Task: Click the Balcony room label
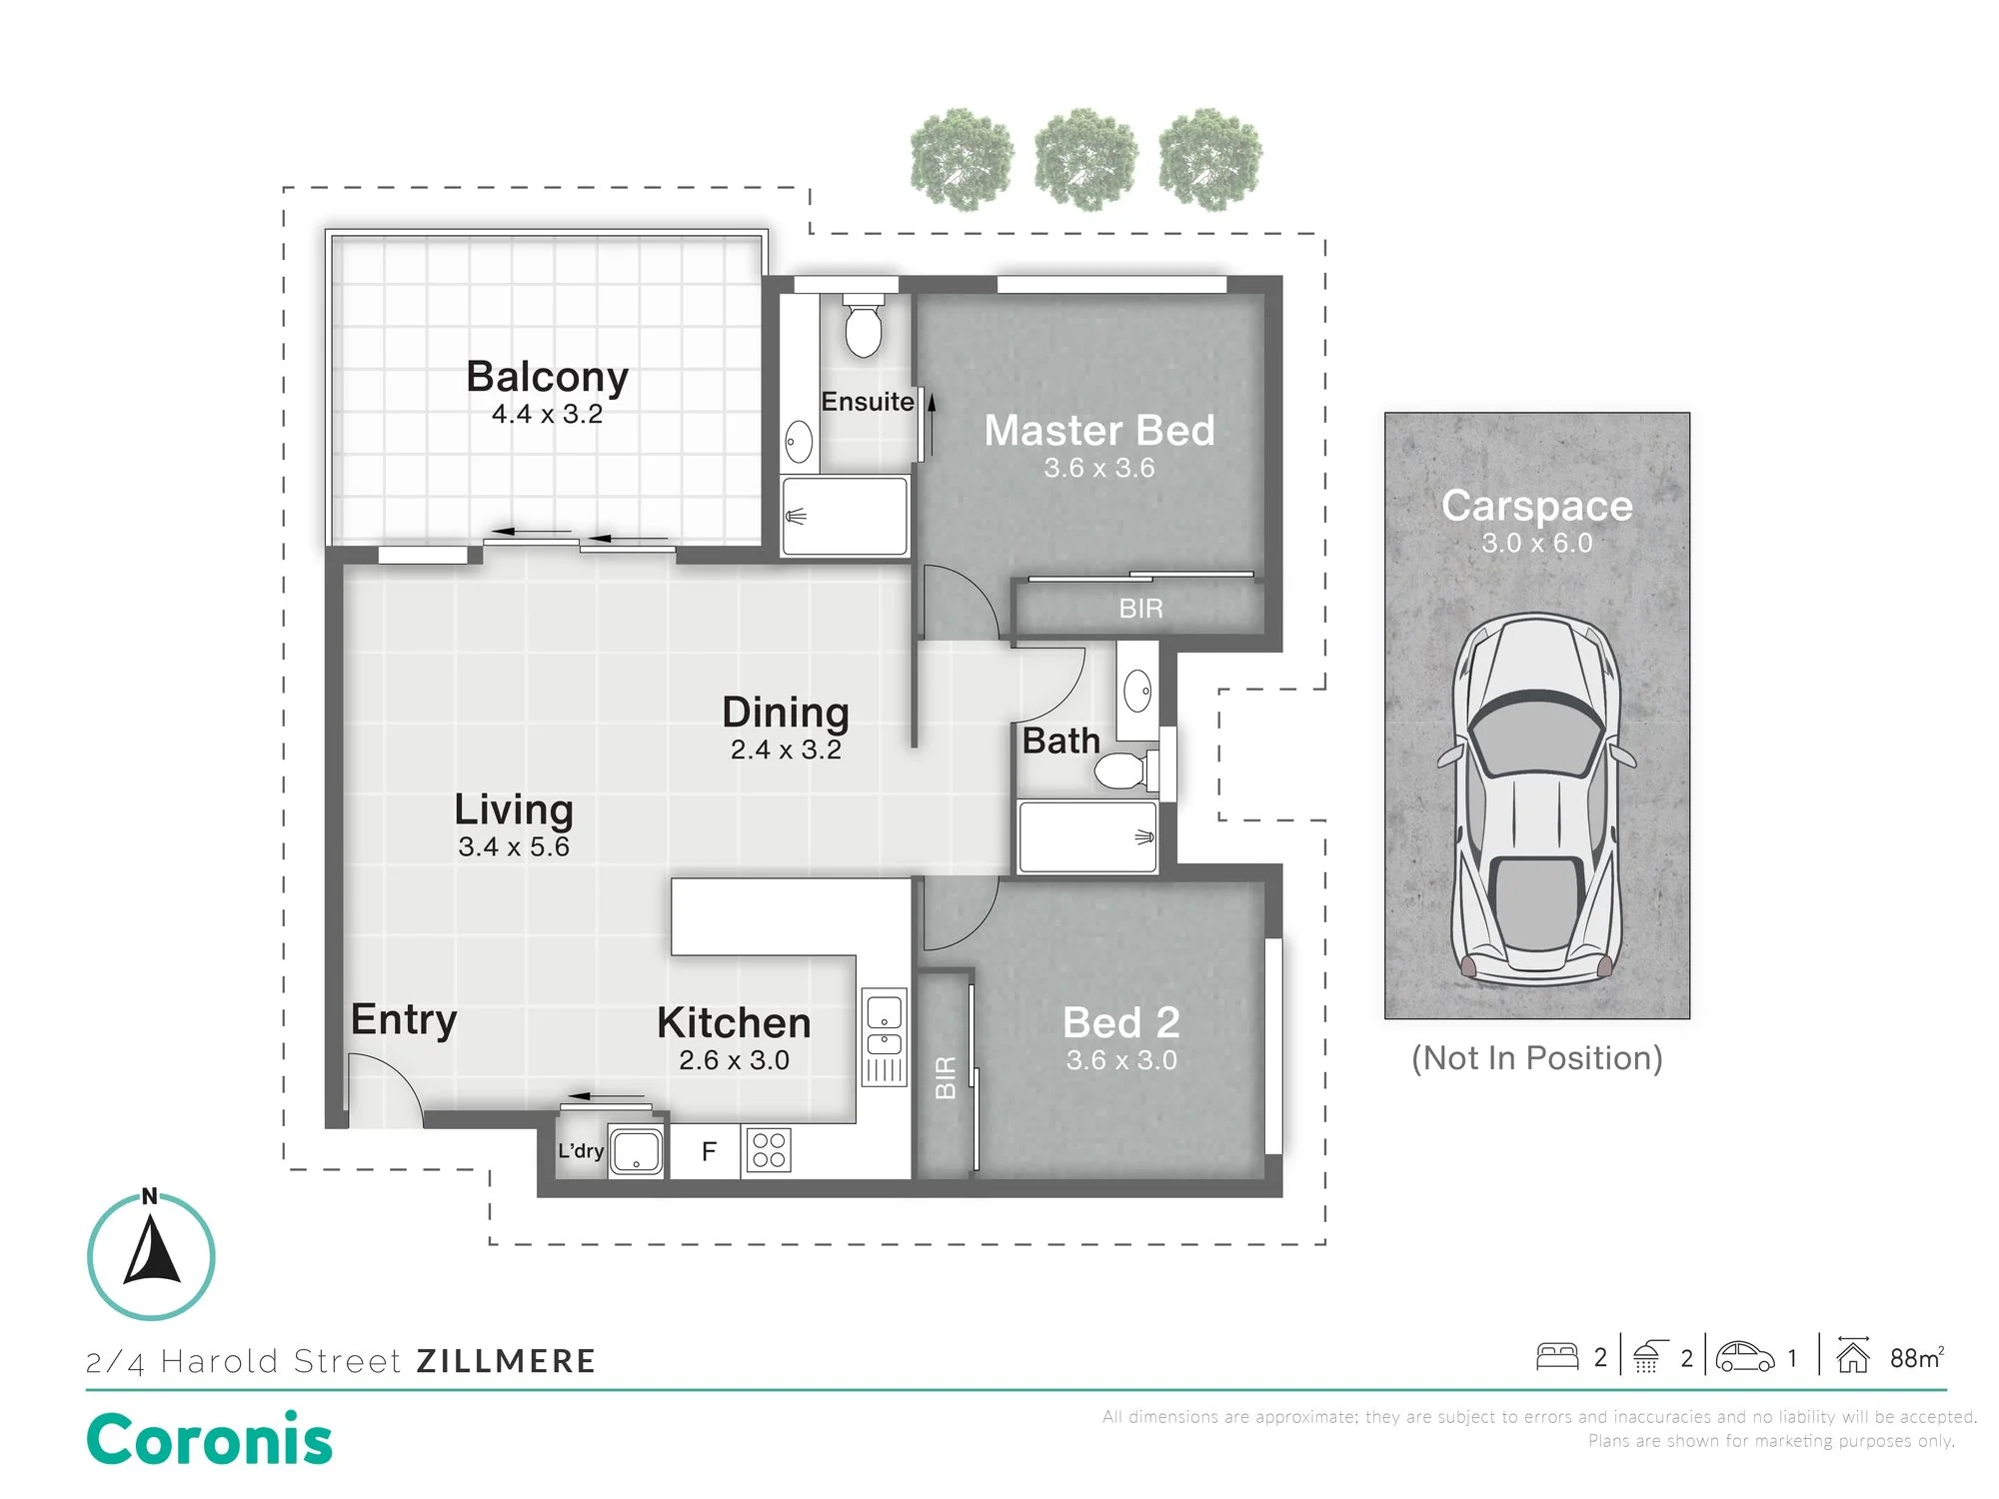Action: point(547,377)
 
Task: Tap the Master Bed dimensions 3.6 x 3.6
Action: point(1098,468)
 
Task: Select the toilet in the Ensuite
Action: point(863,325)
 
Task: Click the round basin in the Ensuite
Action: point(799,442)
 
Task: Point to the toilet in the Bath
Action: point(1126,770)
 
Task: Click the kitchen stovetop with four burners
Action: point(769,1149)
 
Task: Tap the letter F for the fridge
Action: point(709,1152)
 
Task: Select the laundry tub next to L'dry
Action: point(637,1150)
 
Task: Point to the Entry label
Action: point(404,1020)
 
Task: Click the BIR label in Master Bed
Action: point(1140,609)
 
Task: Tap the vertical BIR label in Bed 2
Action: point(946,1078)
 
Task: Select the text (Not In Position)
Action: point(1537,1057)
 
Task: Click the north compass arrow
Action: point(152,1249)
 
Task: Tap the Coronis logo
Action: point(209,1439)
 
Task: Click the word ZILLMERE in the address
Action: point(506,1361)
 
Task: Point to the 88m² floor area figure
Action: point(1916,1357)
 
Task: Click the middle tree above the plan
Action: point(1085,160)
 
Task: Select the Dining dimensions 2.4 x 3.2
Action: point(786,749)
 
